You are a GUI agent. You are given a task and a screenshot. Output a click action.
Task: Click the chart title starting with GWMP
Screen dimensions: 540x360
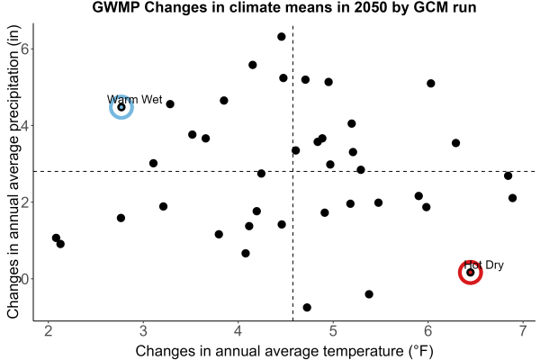pyautogui.click(x=284, y=7)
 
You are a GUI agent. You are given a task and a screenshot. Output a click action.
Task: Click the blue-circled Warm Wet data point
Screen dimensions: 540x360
pyautogui.click(x=121, y=107)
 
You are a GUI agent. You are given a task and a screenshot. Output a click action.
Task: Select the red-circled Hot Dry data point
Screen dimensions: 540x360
pyautogui.click(x=470, y=273)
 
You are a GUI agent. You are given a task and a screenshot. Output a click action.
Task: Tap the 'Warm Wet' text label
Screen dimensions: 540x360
pyautogui.click(x=135, y=100)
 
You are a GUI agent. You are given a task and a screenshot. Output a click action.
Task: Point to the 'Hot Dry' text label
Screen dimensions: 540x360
pyautogui.click(x=484, y=265)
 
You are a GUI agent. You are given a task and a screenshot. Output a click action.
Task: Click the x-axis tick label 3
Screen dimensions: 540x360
pyautogui.click(x=143, y=330)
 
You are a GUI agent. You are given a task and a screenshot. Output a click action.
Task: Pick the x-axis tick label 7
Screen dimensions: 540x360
pyautogui.click(x=523, y=330)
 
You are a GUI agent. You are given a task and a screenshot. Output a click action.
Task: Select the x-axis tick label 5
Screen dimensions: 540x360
pyautogui.click(x=333, y=330)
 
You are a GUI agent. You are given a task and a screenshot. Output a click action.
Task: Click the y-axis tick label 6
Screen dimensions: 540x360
pyautogui.click(x=25, y=49)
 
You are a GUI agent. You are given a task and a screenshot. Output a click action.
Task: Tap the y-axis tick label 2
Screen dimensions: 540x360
pyautogui.click(x=25, y=202)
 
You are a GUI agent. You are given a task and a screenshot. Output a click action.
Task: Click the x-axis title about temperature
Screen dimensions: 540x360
pyautogui.click(x=284, y=351)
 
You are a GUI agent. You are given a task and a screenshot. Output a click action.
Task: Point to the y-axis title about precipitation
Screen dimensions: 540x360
pyautogui.click(x=13, y=172)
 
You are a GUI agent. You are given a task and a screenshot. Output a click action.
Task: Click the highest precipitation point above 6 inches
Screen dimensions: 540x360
pyautogui.click(x=282, y=37)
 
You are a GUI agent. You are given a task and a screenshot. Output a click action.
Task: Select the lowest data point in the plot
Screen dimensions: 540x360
pyautogui.click(x=307, y=307)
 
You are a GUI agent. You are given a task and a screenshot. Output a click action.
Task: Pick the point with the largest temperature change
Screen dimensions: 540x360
pyautogui.click(x=512, y=198)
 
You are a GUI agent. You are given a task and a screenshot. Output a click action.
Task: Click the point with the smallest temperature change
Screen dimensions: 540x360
pyautogui.click(x=56, y=238)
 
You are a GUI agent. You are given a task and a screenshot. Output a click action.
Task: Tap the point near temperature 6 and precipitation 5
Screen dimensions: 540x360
pyautogui.click(x=430, y=84)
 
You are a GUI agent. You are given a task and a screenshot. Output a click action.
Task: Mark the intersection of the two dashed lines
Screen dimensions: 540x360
pyautogui.click(x=292, y=171)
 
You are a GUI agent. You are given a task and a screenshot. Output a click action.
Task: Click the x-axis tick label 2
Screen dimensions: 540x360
pyautogui.click(x=49, y=330)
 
